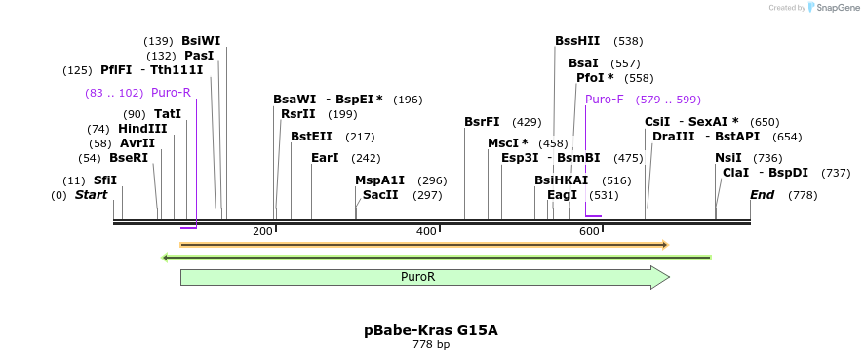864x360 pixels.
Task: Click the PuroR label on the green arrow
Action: coord(417,277)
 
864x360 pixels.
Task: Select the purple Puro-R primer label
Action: coord(171,93)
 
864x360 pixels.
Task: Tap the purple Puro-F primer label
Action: coord(604,100)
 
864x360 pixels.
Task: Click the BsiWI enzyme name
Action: coord(201,41)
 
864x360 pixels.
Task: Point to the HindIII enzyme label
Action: coord(142,129)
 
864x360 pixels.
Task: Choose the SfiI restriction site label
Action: coord(104,180)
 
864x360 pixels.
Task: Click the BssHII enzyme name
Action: coord(577,41)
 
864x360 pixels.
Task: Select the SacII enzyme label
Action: coord(380,195)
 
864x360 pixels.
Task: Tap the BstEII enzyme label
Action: coord(311,137)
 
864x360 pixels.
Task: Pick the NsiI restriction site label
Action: coord(727,158)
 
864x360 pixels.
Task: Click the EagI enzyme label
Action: coord(562,195)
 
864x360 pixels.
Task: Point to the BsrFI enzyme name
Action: coord(482,122)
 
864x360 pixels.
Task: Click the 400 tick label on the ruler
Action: coord(426,231)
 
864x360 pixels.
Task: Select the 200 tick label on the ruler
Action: coord(262,231)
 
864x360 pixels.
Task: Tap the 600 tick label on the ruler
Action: coord(589,231)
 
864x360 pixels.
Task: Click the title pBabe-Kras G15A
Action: coord(431,330)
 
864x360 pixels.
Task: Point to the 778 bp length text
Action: coord(431,345)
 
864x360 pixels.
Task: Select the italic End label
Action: coord(762,195)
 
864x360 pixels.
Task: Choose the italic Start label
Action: coord(91,195)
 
